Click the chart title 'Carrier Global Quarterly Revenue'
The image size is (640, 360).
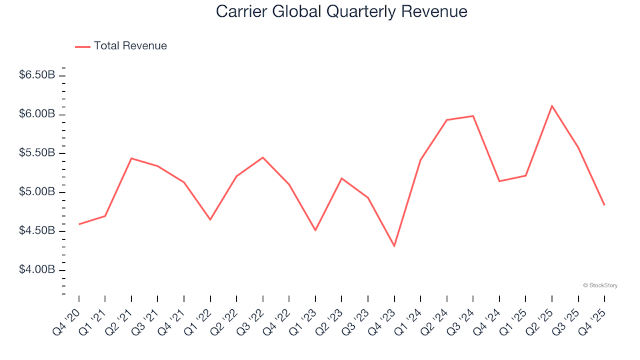(x=341, y=12)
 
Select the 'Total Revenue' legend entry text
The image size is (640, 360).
(x=130, y=46)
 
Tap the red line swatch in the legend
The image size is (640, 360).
(x=83, y=47)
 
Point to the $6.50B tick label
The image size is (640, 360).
(x=37, y=75)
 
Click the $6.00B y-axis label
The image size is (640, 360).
(x=37, y=114)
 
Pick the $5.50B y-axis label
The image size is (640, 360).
(x=37, y=153)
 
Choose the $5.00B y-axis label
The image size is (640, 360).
(x=37, y=192)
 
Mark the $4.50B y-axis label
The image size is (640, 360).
(x=37, y=231)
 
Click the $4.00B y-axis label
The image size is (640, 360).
(x=37, y=270)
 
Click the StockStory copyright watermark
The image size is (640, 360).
(x=600, y=285)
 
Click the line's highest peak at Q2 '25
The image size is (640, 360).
(x=552, y=106)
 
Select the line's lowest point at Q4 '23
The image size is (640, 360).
(x=394, y=246)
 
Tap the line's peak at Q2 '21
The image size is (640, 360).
(x=131, y=158)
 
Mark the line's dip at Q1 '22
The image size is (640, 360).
(x=210, y=219)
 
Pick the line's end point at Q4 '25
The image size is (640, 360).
(x=605, y=205)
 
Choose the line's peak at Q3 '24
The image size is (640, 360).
(x=473, y=116)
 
